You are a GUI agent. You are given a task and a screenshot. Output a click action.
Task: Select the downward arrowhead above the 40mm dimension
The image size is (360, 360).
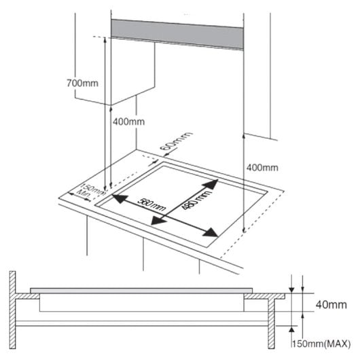point(291,288)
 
